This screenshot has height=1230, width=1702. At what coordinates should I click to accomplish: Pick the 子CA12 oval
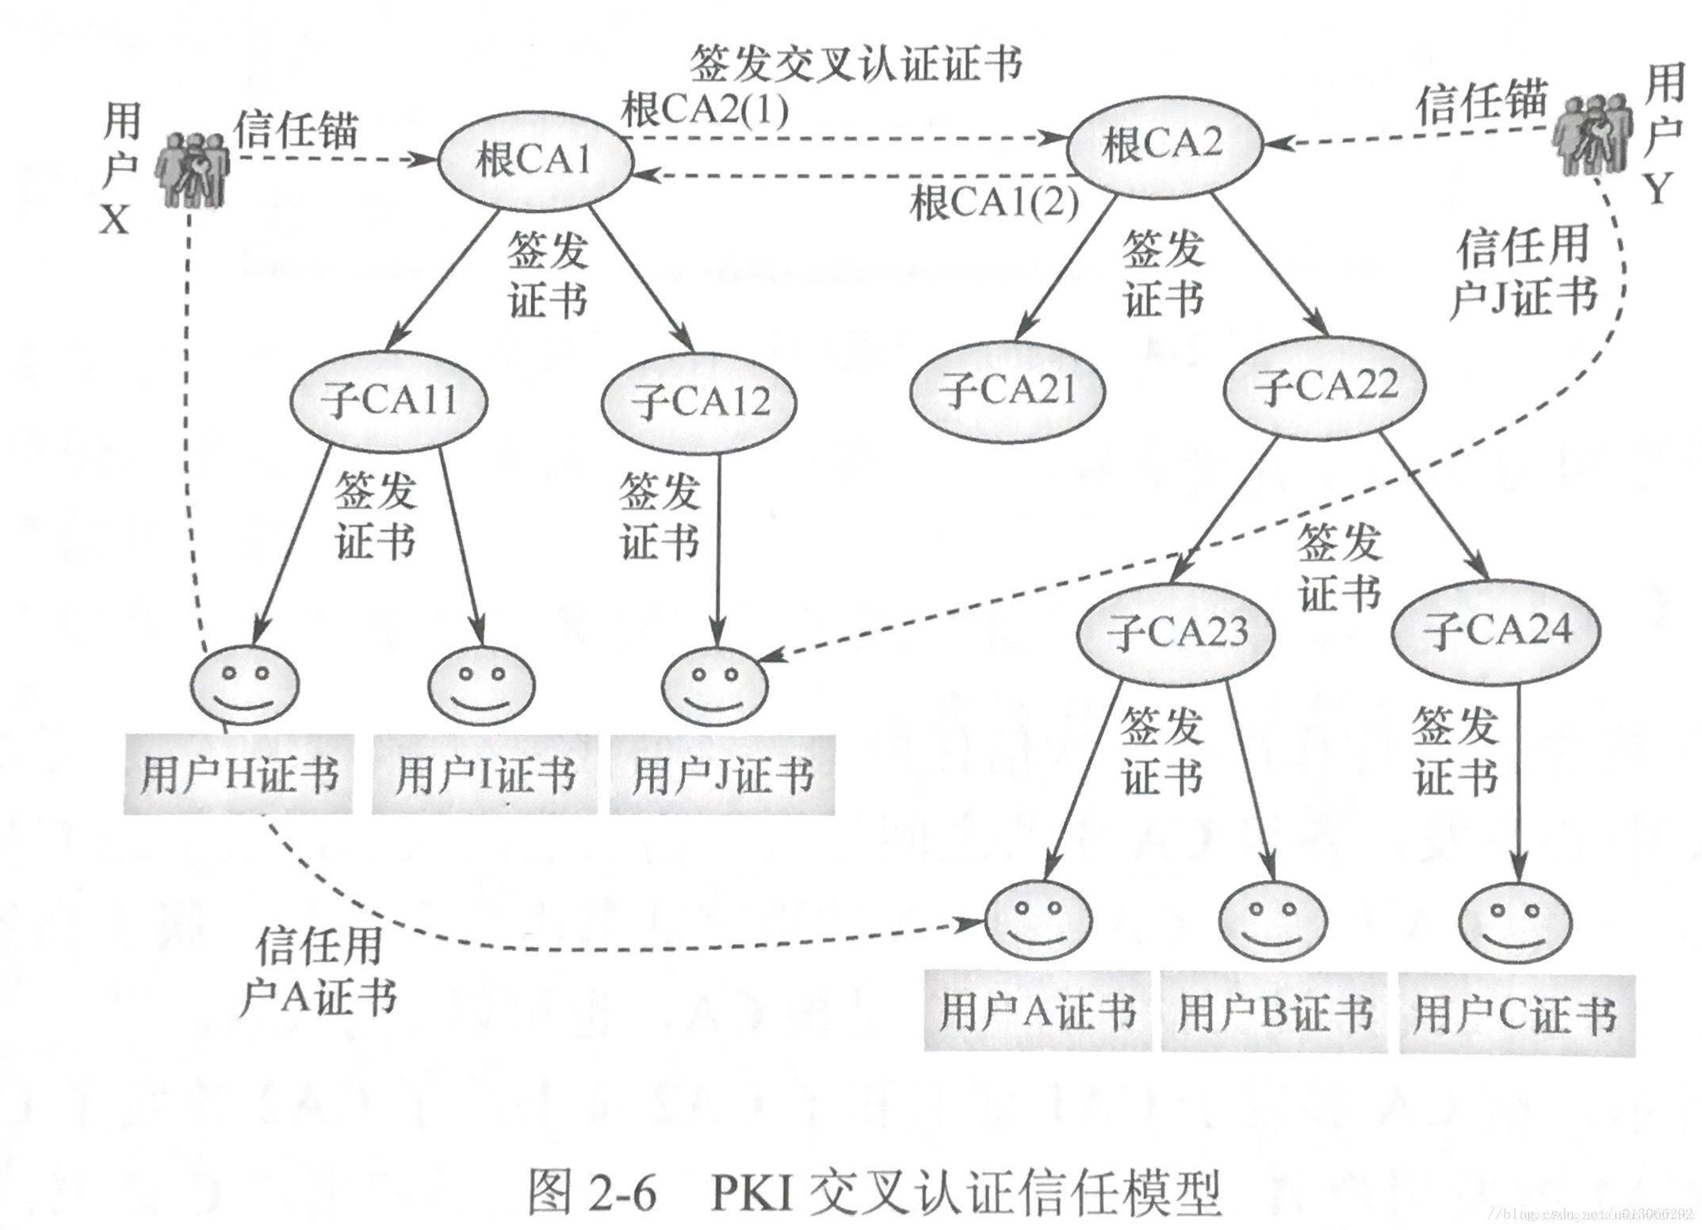coord(699,403)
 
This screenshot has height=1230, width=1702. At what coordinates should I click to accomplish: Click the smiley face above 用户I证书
coord(482,686)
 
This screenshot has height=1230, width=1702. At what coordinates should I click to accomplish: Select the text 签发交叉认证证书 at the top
coord(855,64)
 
